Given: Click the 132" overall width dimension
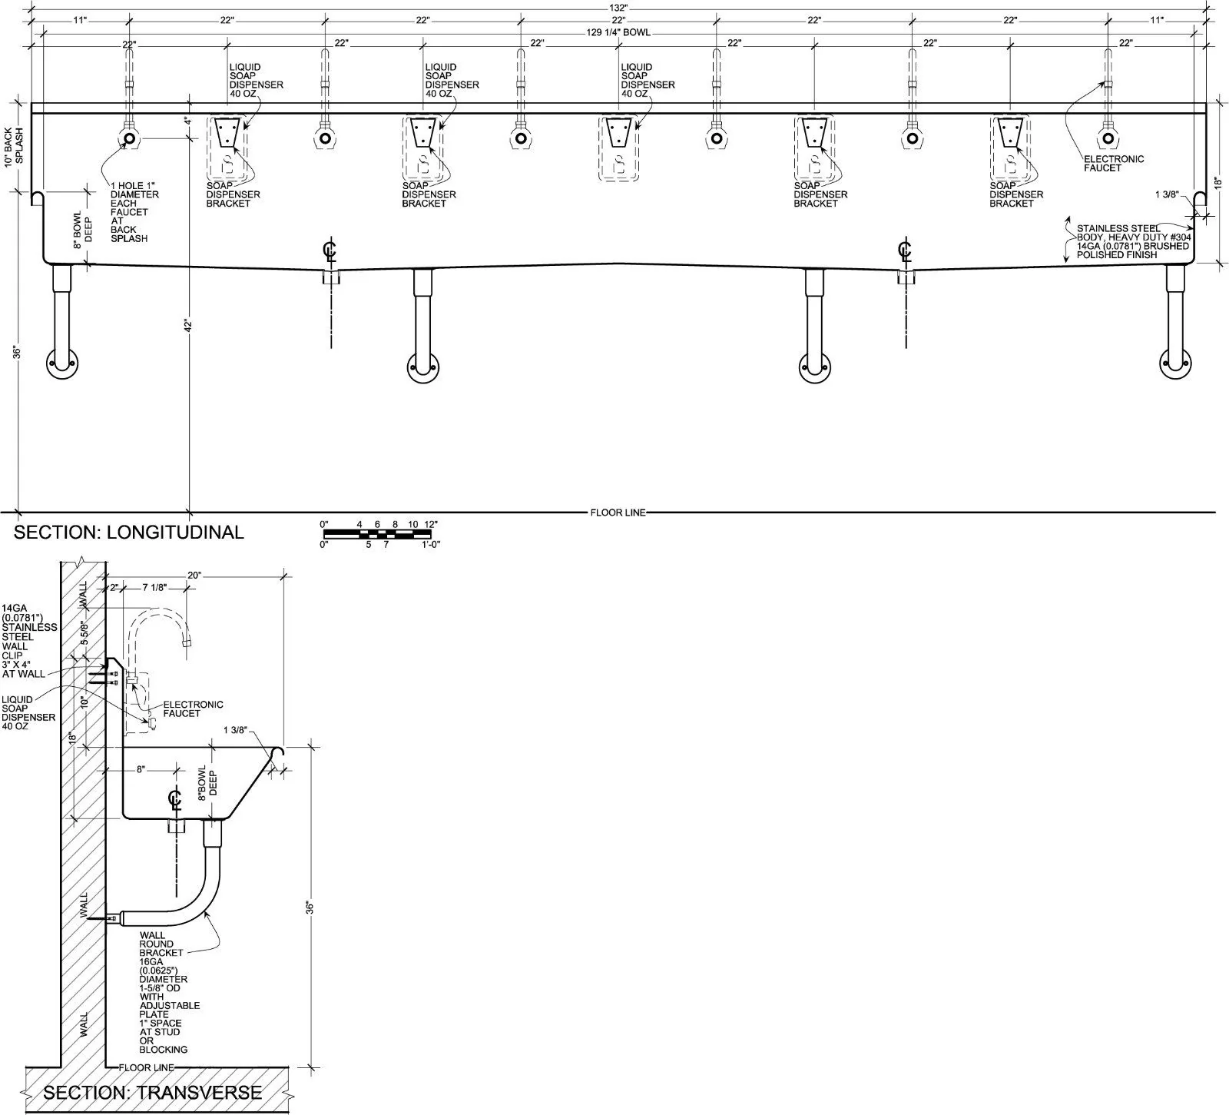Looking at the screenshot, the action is coord(618,7).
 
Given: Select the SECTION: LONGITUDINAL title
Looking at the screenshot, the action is coord(129,532).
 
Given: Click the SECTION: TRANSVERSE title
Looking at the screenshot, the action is coord(152,1092).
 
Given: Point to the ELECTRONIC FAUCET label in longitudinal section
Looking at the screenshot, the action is coord(1114,164).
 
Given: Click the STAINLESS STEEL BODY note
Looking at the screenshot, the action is coord(1133,241).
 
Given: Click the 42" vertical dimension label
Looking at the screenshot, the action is coord(187,325).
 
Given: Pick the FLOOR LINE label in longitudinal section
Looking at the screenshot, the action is coord(618,513).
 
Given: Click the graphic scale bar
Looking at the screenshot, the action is coord(379,534).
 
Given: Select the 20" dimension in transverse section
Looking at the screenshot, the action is coord(194,575).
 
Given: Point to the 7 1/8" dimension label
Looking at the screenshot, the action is coord(154,588).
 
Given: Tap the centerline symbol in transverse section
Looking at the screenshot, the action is coord(175,799).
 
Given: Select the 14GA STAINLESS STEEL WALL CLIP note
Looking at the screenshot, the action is coord(29,642).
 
